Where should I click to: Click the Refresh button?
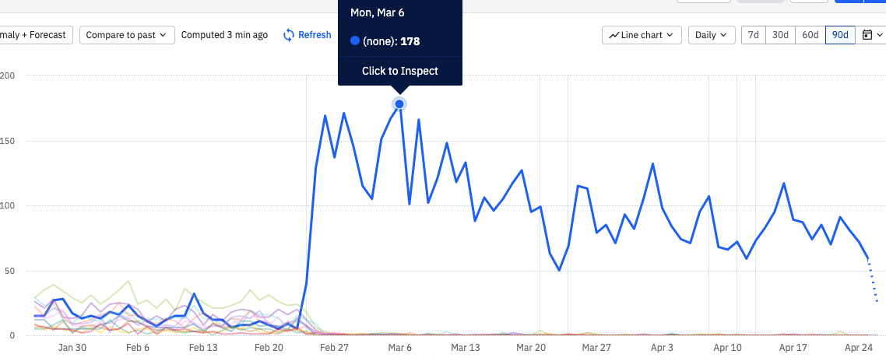point(307,35)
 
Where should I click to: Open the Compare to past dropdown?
point(127,35)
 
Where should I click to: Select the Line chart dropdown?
point(642,35)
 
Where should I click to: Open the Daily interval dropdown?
point(711,35)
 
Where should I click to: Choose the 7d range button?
point(753,35)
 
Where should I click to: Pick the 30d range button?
point(780,35)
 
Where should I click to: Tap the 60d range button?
point(810,35)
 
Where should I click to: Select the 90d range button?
point(840,35)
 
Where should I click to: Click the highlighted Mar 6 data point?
point(399,104)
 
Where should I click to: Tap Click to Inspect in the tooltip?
point(399,71)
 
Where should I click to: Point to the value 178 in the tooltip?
point(410,41)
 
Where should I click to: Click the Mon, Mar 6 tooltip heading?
point(377,13)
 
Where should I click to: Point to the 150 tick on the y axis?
point(8,141)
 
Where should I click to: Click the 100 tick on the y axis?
point(8,206)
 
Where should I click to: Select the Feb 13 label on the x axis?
point(203,348)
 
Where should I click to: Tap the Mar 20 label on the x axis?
point(530,348)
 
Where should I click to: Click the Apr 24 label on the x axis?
point(859,348)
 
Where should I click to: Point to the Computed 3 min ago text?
point(224,35)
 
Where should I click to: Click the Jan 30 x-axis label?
point(72,348)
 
